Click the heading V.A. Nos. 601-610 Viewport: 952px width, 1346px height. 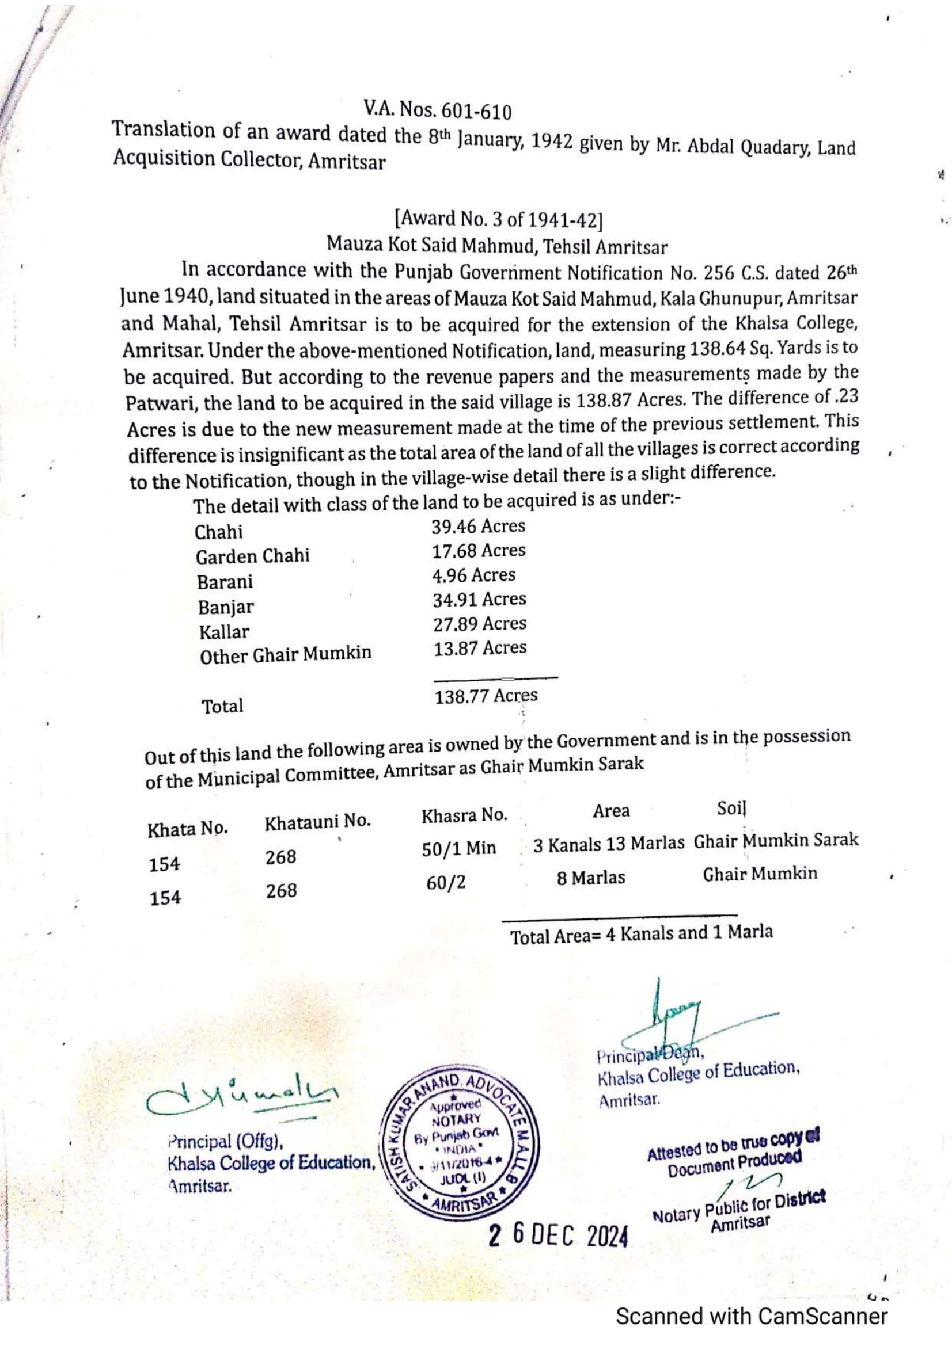437,110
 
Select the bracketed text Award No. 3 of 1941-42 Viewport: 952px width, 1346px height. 499,219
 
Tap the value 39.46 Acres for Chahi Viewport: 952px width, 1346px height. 479,527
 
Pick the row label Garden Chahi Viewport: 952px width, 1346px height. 252,556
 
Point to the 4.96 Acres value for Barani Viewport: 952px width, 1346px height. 473,575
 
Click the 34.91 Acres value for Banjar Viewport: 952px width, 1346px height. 479,599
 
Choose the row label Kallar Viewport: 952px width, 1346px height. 223,632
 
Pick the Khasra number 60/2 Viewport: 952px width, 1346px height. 446,883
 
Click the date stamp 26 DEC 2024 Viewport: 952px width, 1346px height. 559,1236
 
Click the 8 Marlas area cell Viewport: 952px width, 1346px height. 591,878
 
